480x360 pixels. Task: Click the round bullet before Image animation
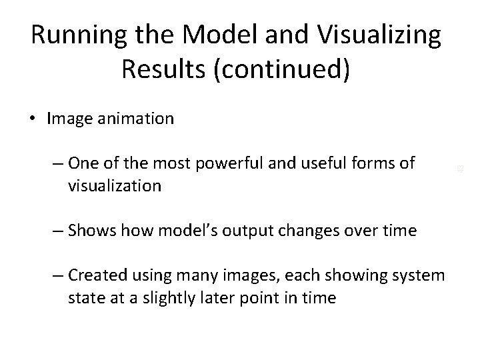coord(33,119)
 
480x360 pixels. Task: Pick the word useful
coord(322,163)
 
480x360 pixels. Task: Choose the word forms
coord(378,163)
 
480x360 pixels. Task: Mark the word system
coord(415,275)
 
